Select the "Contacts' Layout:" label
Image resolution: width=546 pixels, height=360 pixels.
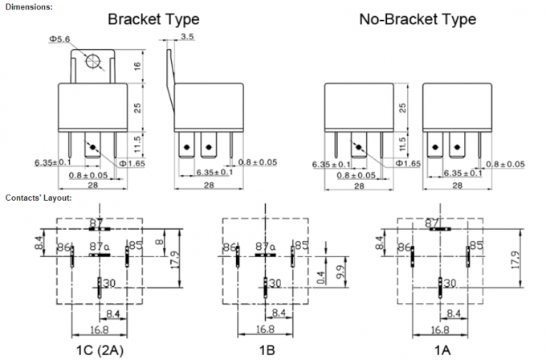[39, 197]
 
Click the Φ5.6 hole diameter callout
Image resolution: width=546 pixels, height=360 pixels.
[60, 38]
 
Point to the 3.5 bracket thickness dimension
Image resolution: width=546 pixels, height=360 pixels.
[187, 37]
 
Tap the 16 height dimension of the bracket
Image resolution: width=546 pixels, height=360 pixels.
[137, 70]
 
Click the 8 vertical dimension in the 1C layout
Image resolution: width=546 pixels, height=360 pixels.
[158, 239]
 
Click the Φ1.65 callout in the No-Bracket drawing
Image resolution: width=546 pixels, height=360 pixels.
[408, 164]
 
